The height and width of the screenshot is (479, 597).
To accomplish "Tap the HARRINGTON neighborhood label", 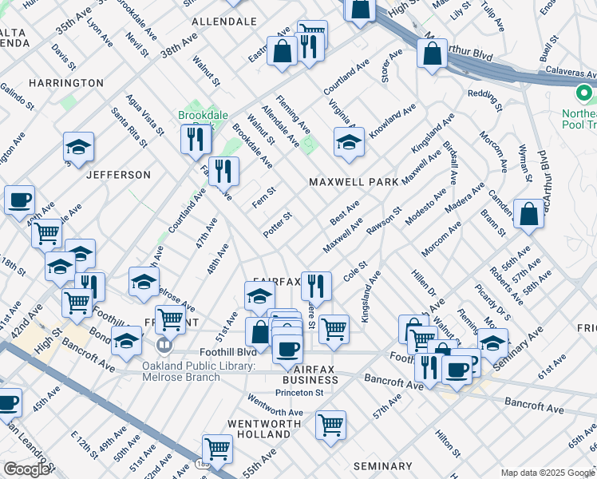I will coord(66,83).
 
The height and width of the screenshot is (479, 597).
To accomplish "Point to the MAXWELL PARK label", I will coord(354,182).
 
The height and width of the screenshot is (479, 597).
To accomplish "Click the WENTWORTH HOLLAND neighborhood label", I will coord(259,429).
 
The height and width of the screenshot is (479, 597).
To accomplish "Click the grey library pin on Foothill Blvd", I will coord(164,346).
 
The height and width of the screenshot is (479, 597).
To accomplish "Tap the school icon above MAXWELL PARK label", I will coord(349,143).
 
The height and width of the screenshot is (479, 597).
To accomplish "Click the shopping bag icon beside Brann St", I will coord(528,214).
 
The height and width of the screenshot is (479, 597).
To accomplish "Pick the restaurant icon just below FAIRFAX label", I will coord(316,286).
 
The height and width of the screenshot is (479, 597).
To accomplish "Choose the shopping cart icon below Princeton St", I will coord(330,426).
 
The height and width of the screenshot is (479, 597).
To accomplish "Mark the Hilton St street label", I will coord(444,441).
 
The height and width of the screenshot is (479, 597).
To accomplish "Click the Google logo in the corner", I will coord(26,469).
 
